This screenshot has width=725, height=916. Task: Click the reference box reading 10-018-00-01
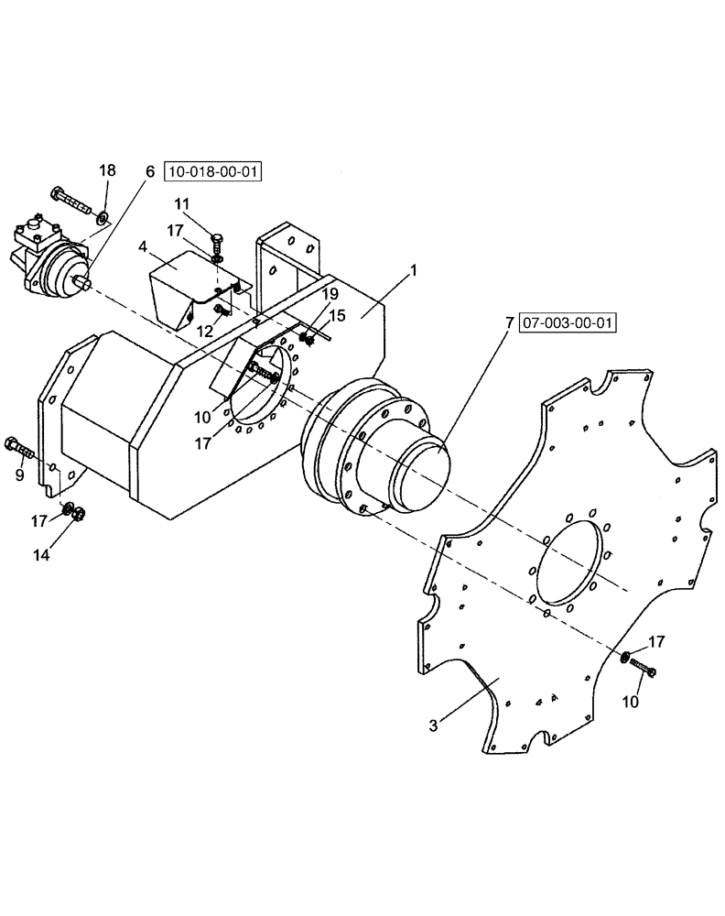click(x=212, y=171)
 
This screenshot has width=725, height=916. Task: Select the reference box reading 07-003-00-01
click(x=568, y=322)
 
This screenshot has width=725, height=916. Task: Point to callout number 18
click(x=107, y=170)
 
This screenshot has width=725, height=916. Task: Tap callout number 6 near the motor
click(x=149, y=171)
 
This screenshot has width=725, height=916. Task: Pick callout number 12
click(x=204, y=332)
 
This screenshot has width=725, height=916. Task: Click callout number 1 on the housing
click(x=414, y=272)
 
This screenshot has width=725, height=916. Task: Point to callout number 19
click(x=330, y=294)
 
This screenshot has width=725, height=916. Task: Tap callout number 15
click(x=338, y=316)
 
